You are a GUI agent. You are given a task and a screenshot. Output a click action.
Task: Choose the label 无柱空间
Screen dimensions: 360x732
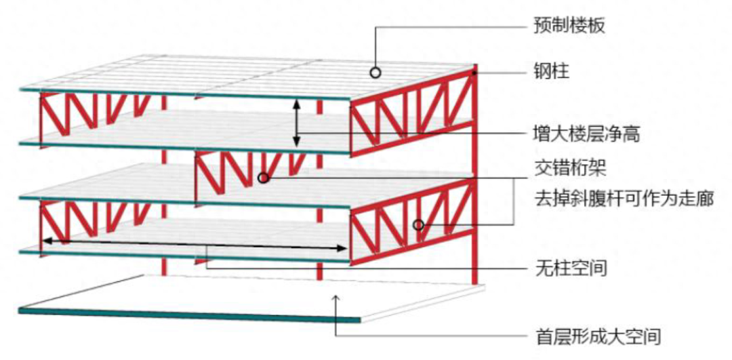pyautogui.click(x=568, y=268)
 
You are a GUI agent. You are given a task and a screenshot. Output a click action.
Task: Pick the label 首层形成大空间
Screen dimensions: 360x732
pyautogui.click(x=594, y=335)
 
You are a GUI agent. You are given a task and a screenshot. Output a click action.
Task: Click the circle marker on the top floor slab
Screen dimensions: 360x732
pyautogui.click(x=375, y=71)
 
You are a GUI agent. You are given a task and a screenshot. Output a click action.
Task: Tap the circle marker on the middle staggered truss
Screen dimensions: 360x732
pyautogui.click(x=264, y=178)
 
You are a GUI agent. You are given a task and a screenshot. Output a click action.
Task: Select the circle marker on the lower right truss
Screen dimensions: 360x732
pyautogui.click(x=419, y=224)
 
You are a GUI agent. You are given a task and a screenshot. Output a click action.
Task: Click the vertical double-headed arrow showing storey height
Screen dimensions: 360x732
pyautogui.click(x=296, y=123)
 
